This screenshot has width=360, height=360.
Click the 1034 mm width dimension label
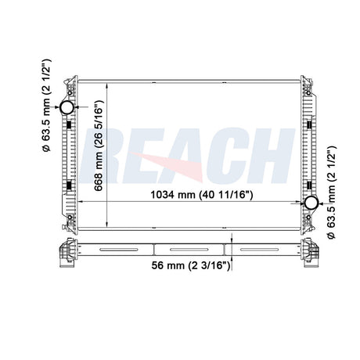point(202,195)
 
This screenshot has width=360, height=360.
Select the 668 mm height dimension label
point(99,146)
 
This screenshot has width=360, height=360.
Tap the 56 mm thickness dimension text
point(191,265)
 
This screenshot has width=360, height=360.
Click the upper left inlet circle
point(67,107)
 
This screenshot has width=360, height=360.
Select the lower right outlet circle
point(311,203)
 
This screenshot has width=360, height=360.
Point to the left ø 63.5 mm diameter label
point(47,106)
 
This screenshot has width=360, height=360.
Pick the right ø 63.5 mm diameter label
point(331,193)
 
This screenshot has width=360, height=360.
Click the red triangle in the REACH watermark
point(174,166)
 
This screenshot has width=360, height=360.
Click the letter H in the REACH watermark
point(272,156)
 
